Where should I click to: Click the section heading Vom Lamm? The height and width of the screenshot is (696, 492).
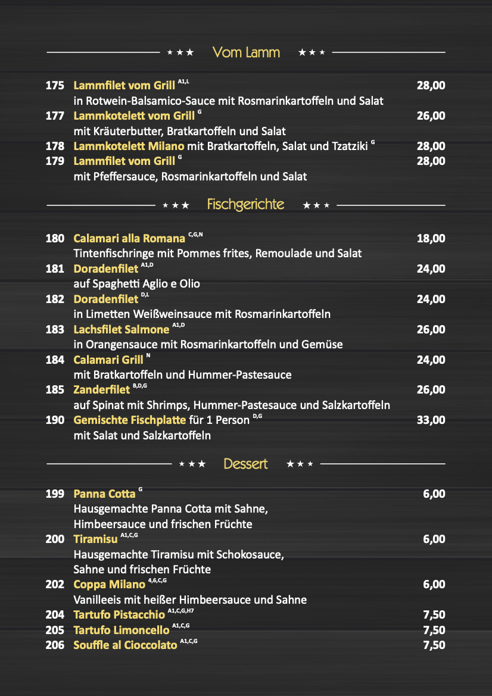(x=246, y=52)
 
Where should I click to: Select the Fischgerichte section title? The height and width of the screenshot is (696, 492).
(x=245, y=205)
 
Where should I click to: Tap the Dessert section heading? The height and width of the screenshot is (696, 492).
(x=245, y=464)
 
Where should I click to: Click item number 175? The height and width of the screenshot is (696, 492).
(x=55, y=86)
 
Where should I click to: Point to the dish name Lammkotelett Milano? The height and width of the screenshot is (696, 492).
(x=129, y=146)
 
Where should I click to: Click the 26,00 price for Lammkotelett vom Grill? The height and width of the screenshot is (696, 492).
(x=431, y=116)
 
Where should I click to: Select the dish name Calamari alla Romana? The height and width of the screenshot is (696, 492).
(x=129, y=239)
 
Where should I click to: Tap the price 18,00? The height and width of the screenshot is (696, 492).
(x=431, y=239)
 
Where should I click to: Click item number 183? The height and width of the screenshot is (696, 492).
(x=55, y=329)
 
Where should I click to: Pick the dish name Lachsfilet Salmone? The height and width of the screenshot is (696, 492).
(x=122, y=329)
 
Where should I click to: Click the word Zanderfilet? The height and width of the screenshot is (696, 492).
(x=101, y=390)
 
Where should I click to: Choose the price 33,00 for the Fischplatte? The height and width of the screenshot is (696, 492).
(x=431, y=420)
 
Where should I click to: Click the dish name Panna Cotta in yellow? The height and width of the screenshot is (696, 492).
(x=104, y=494)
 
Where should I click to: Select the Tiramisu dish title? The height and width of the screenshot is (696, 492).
(x=95, y=539)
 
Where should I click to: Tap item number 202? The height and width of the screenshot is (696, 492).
(x=55, y=585)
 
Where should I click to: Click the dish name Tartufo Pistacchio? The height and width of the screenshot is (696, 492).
(x=119, y=615)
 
